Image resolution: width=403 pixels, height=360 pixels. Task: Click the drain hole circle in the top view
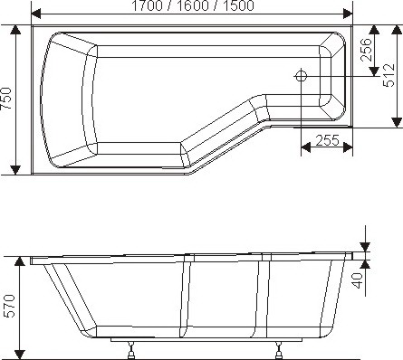click(301, 75)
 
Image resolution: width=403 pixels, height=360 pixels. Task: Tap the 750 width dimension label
click(6, 99)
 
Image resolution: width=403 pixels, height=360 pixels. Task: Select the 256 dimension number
click(366, 50)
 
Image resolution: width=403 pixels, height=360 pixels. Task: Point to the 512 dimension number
click(389, 75)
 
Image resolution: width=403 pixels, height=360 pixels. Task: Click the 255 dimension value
click(328, 140)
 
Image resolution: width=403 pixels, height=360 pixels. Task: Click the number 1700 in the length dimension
click(147, 5)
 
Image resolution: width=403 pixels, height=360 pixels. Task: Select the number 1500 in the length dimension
click(238, 5)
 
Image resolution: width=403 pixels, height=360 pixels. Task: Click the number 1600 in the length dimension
click(192, 5)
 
